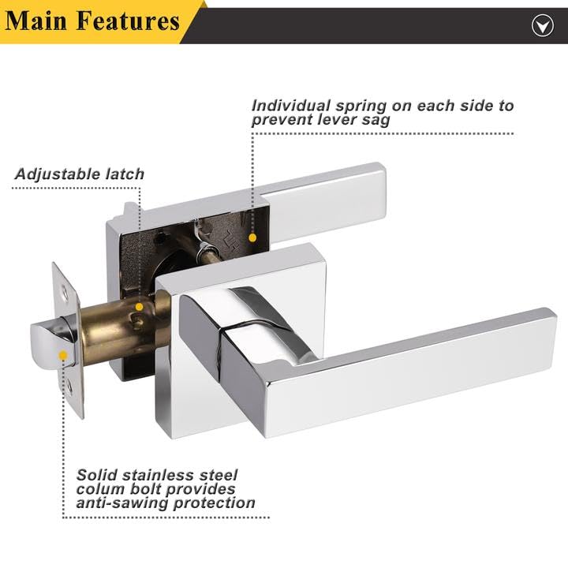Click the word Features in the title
tap(127, 21)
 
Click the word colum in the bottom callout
tap(100, 489)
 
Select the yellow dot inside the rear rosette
tap(252, 236)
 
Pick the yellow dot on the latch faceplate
tap(62, 356)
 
